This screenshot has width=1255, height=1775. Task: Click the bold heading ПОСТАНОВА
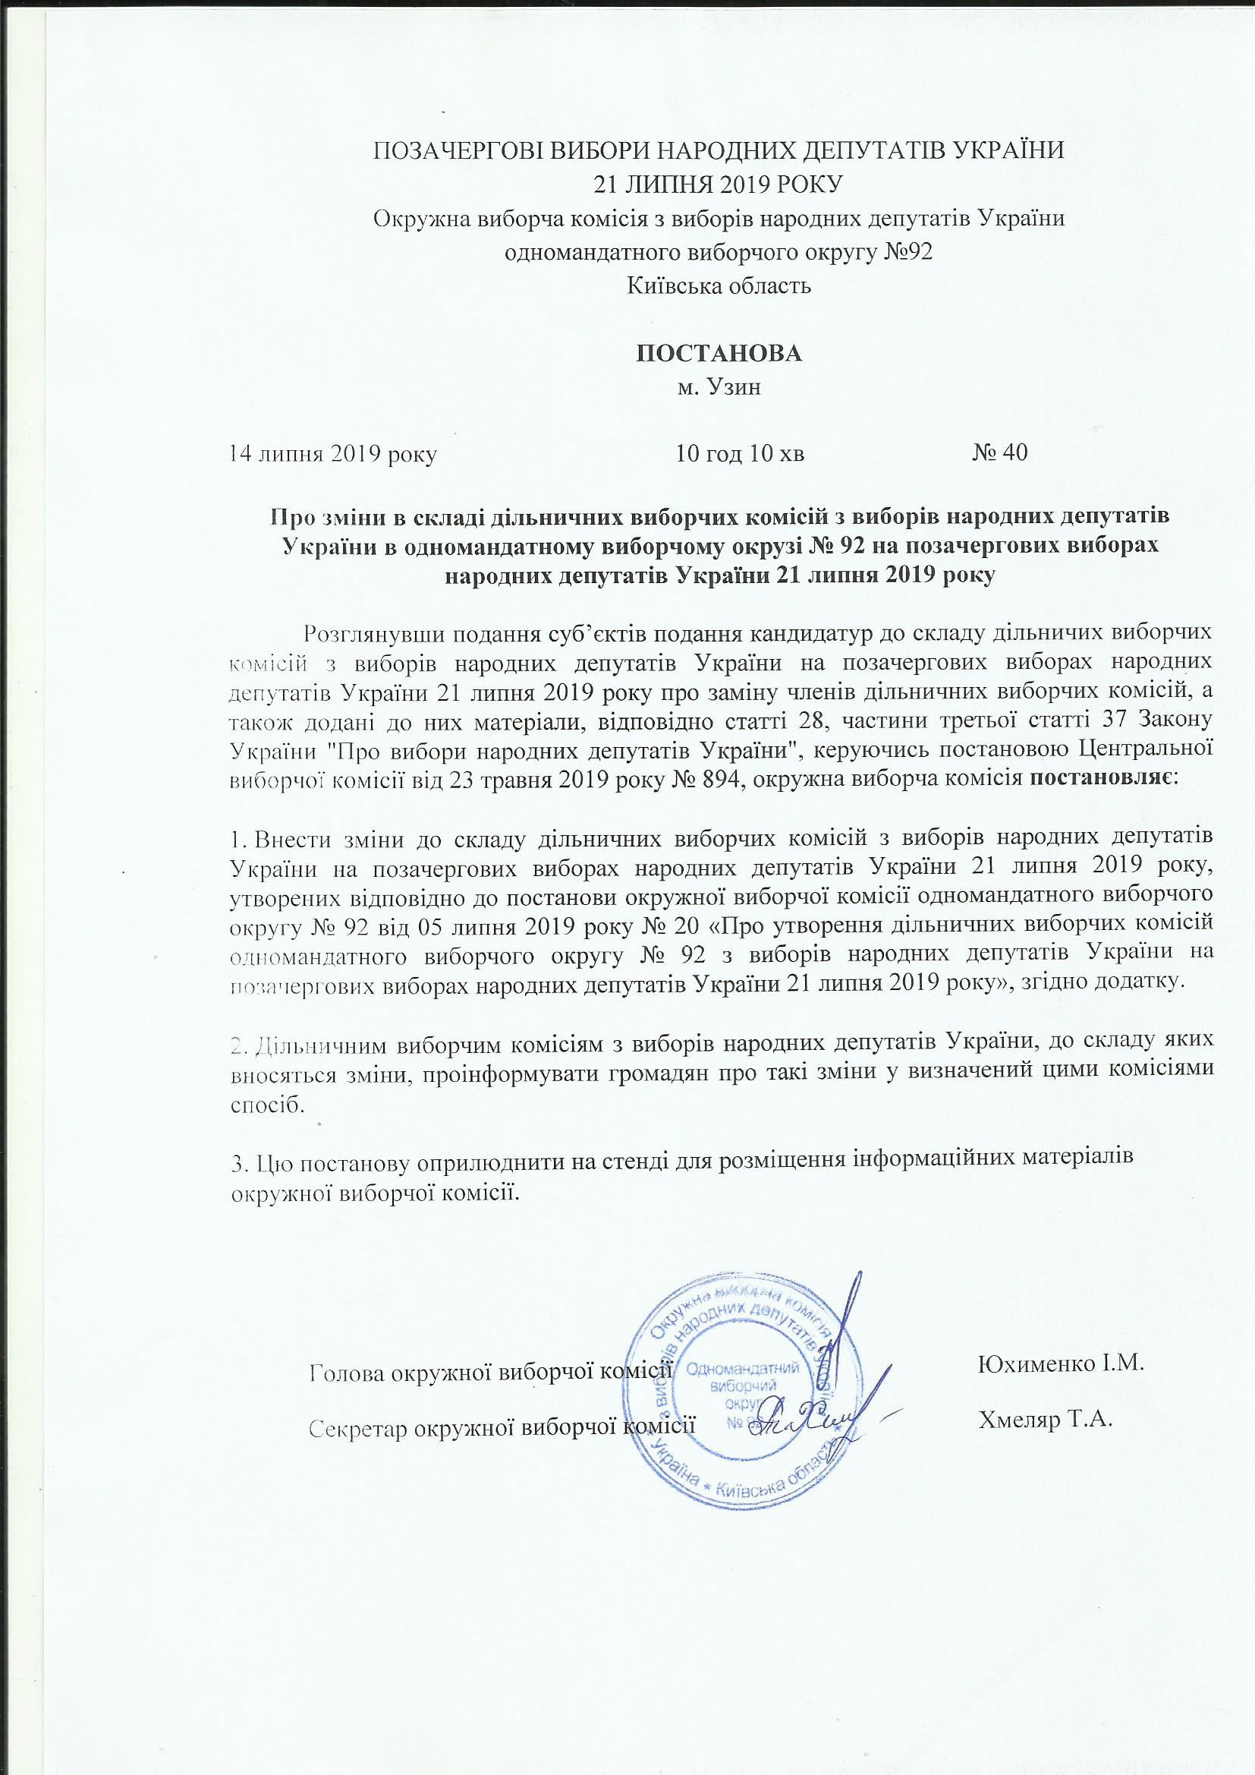click(x=718, y=353)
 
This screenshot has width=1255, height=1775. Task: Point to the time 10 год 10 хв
click(x=740, y=453)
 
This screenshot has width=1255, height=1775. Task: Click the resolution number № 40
click(x=999, y=453)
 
